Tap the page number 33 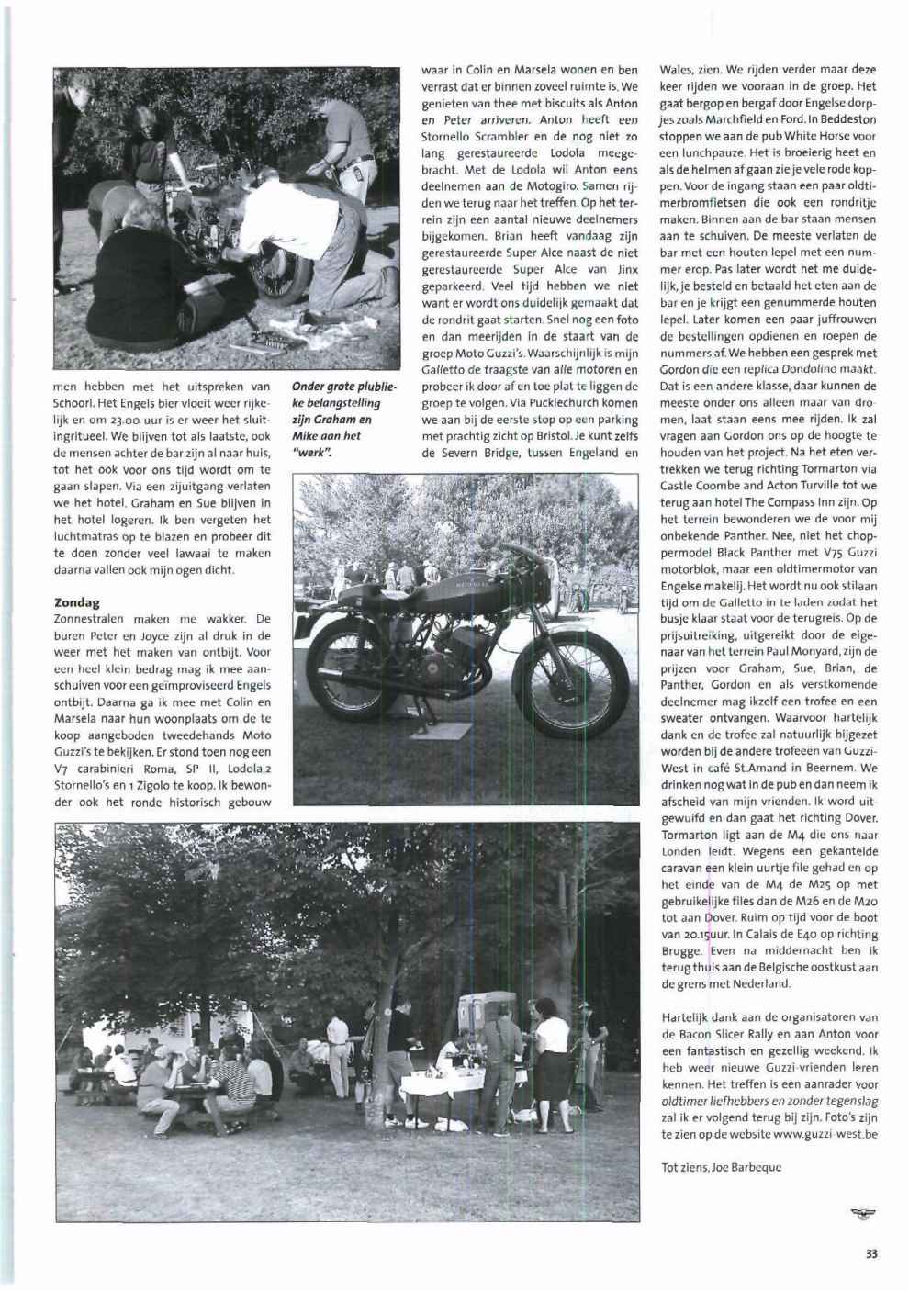pyautogui.click(x=870, y=1254)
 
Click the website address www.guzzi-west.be pyautogui.click(x=826, y=1135)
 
